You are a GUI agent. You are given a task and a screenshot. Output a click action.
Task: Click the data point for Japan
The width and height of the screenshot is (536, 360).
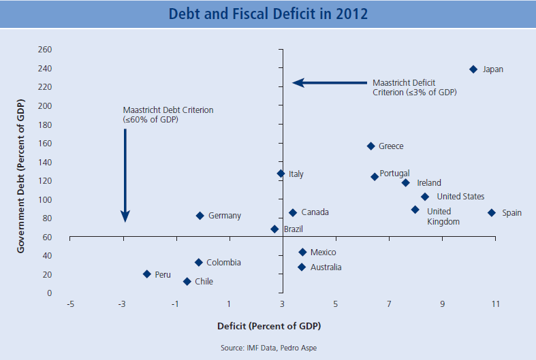pyautogui.click(x=473, y=69)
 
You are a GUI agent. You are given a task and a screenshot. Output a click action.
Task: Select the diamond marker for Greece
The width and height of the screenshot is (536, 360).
pyautogui.click(x=371, y=146)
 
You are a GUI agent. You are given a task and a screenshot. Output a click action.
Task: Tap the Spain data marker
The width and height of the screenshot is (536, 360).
pyautogui.click(x=492, y=213)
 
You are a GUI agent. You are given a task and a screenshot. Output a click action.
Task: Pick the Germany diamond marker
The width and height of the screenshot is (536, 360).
pyautogui.click(x=200, y=216)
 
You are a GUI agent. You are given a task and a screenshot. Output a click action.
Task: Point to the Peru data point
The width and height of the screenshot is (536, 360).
pyautogui.click(x=146, y=274)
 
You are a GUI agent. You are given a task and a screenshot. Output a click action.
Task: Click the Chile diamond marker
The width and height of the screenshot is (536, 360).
pyautogui.click(x=187, y=282)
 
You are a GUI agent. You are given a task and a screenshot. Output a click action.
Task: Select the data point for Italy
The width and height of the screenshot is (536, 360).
pyautogui.click(x=281, y=174)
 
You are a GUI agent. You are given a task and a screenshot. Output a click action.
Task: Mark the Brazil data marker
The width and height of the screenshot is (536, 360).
pyautogui.click(x=274, y=229)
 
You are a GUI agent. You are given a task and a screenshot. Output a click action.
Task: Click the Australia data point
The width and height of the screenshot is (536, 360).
pyautogui.click(x=302, y=267)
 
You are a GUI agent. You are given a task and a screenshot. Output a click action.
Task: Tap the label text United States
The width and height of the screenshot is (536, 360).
pyautogui.click(x=460, y=197)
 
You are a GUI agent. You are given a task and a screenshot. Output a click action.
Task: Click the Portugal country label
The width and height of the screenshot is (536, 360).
pyautogui.click(x=394, y=174)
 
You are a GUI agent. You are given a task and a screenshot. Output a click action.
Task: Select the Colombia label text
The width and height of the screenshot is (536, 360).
pyautogui.click(x=223, y=263)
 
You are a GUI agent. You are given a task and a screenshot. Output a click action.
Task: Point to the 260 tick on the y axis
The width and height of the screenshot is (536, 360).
pyautogui.click(x=46, y=50)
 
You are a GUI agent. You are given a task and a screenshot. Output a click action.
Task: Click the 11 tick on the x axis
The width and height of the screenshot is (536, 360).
pyautogui.click(x=495, y=304)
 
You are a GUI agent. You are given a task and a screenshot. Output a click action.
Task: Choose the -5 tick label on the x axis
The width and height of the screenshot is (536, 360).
pyautogui.click(x=70, y=304)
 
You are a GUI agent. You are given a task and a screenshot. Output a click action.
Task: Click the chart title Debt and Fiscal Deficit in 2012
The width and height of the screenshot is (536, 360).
pyautogui.click(x=268, y=14)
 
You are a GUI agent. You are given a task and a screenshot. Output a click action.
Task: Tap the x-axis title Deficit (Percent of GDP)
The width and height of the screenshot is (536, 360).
pyautogui.click(x=268, y=326)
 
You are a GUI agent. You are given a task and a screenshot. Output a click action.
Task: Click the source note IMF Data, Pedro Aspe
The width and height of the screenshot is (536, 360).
pyautogui.click(x=268, y=348)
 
